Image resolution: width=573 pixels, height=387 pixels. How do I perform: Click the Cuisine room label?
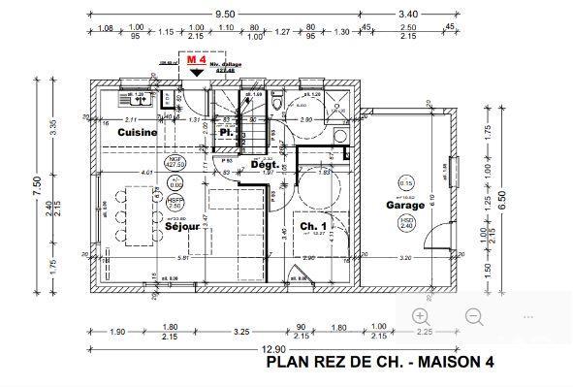coord(139,131)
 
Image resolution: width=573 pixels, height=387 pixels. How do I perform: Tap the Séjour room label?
coord(182,227)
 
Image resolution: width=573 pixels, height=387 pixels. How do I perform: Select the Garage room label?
coord(405,206)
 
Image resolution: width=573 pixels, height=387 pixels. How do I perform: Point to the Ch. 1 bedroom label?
coord(312,227)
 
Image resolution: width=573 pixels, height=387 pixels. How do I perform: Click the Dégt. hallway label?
coord(265,165)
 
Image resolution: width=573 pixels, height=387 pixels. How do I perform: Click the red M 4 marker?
coord(195,60)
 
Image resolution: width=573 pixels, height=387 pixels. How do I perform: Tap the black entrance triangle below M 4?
coord(196,73)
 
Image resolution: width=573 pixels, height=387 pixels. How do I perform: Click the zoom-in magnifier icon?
coord(420,316)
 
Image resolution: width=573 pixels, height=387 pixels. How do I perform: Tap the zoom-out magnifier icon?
coord(474,316)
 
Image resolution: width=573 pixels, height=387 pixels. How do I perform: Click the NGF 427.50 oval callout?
coord(175,161)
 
